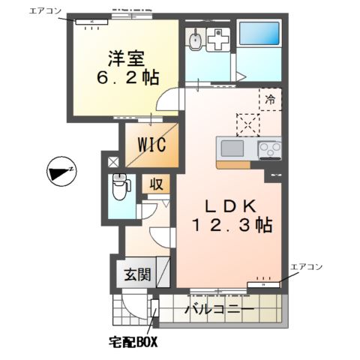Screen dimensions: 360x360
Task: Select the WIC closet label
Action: (x=151, y=143)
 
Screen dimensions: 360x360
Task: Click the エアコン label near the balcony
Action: (x=306, y=266)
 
